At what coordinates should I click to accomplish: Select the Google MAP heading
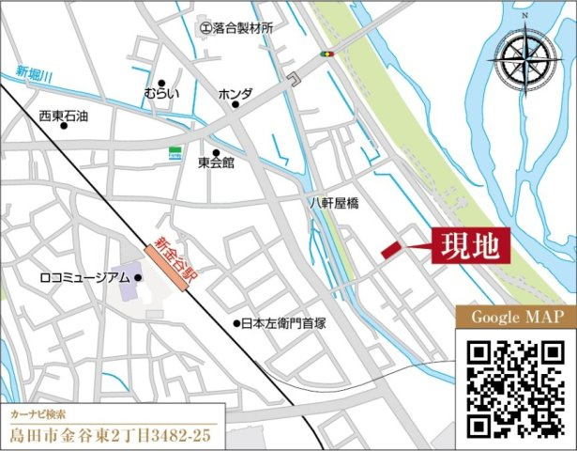click(515, 317)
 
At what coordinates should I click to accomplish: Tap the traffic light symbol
click(326, 54)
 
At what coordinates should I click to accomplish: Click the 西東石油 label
click(64, 115)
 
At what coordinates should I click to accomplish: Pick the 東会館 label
click(216, 163)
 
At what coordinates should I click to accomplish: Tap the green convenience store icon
click(175, 151)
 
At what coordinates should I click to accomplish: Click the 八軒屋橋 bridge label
click(335, 201)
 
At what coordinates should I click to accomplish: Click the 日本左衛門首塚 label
click(282, 323)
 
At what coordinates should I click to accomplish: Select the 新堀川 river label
click(34, 72)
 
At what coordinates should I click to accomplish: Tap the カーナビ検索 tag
click(40, 413)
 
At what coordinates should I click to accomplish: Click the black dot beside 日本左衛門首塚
click(236, 323)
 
